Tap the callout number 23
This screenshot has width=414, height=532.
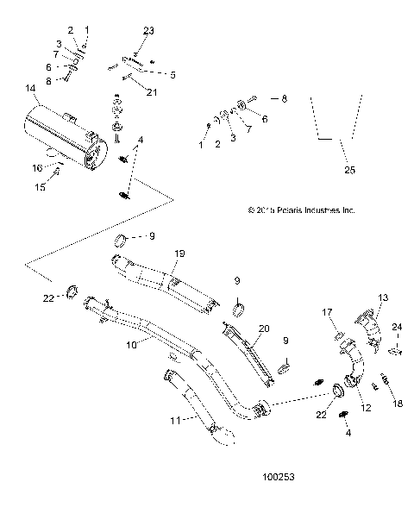point(148,31)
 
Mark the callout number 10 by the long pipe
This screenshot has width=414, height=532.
point(132,343)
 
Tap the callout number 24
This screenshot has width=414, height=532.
point(398,326)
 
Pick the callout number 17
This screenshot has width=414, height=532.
point(328,312)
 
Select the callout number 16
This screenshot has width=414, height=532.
point(37,167)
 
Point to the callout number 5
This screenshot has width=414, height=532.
point(172,75)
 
